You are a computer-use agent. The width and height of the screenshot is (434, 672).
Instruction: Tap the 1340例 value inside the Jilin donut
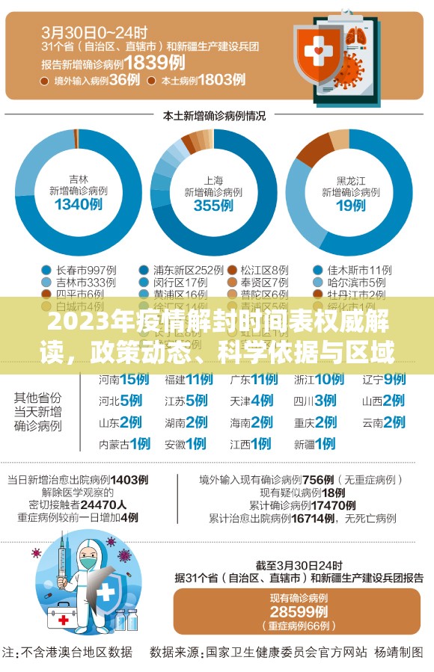click(x=78, y=205)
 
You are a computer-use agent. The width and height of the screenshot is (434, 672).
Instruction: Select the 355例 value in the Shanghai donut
click(x=213, y=205)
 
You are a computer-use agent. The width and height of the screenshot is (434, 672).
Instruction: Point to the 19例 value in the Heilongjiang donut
click(x=349, y=205)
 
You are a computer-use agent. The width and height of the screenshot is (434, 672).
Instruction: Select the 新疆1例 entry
click(x=314, y=444)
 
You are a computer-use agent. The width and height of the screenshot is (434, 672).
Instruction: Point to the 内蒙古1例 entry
click(x=123, y=444)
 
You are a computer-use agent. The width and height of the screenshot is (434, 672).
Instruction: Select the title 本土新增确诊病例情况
click(x=214, y=116)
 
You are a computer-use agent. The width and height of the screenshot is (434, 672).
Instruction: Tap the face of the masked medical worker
click(x=89, y=558)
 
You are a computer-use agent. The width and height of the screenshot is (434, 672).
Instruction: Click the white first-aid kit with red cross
click(x=69, y=617)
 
